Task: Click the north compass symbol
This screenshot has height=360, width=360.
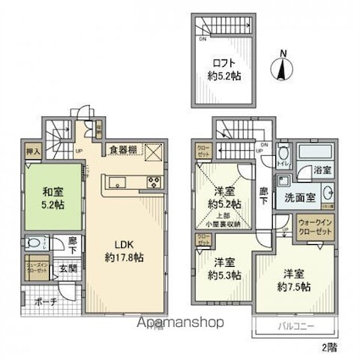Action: [283, 66]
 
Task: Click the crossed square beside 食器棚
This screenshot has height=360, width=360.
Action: [153, 152]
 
